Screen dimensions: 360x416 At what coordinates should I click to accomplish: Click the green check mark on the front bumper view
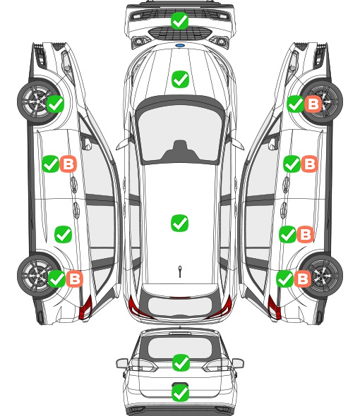179,20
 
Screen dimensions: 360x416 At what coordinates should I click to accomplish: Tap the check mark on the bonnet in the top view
180,79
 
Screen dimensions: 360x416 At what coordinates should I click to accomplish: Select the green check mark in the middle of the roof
179,223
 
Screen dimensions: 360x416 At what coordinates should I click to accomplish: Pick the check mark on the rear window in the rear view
181,362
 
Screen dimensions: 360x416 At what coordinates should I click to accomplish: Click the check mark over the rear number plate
180,393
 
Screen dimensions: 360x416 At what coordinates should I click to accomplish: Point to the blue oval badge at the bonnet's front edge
180,45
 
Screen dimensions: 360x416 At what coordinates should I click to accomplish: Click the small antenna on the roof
180,271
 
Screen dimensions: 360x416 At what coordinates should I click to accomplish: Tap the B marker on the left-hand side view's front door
68,164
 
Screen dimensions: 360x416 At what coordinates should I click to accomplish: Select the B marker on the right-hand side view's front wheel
313,104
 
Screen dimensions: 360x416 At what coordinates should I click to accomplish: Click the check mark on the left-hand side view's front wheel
55,104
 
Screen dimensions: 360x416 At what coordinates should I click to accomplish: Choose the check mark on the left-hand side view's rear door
63,234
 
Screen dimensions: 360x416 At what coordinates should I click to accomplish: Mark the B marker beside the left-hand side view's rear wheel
74,279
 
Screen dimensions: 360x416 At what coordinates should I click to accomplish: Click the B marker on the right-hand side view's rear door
305,234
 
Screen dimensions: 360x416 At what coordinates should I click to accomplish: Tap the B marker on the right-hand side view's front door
309,164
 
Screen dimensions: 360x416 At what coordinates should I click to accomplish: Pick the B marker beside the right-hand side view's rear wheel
302,279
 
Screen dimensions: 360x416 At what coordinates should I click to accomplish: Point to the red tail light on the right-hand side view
274,307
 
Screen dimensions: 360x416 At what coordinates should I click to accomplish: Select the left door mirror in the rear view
122,363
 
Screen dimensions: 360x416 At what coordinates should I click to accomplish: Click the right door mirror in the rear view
238,363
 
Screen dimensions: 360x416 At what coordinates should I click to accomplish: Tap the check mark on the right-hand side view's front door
292,164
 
